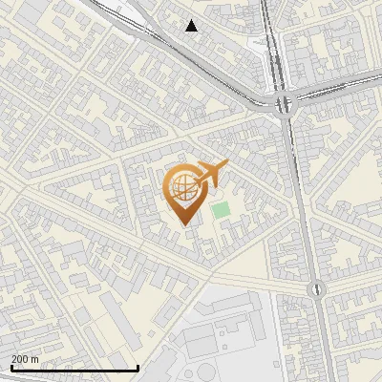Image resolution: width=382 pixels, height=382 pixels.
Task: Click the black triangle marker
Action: click(192, 26)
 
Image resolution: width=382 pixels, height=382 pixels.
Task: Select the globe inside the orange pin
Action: click(181, 186)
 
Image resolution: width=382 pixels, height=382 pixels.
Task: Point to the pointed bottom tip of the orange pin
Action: click(181, 223)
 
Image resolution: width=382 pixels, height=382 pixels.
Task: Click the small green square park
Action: click(222, 209)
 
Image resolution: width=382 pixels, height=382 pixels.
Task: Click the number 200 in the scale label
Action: click(20, 359)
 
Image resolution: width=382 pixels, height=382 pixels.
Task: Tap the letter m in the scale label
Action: click(35, 359)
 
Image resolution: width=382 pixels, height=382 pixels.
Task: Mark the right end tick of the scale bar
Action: click(138, 367)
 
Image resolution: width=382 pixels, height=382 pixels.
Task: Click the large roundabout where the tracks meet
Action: click(282, 103)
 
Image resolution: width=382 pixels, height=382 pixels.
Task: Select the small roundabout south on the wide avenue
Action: click(313, 287)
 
